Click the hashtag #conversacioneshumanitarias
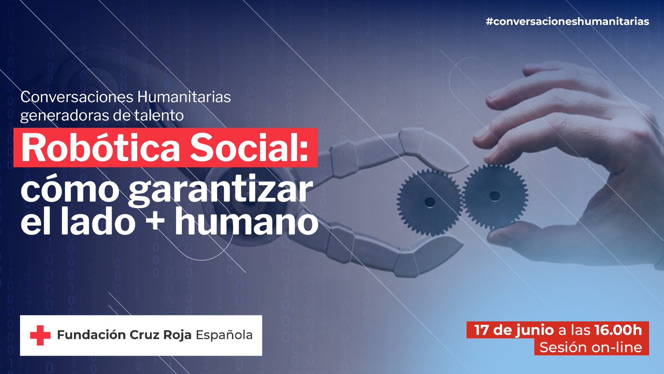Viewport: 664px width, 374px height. (567, 21)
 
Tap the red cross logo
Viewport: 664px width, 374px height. (40, 335)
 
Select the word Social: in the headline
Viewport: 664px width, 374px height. (249, 148)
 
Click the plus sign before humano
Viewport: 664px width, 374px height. (155, 221)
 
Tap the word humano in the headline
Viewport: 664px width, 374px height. (246, 222)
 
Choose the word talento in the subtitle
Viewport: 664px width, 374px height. (159, 115)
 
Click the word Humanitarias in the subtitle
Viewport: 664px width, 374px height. (184, 97)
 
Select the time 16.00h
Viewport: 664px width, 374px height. (618, 330)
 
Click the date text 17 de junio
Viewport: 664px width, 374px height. (514, 330)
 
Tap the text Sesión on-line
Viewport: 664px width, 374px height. (591, 347)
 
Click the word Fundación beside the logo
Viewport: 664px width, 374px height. (91, 335)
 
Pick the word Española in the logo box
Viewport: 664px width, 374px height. (224, 335)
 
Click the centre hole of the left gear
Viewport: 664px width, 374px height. (430, 202)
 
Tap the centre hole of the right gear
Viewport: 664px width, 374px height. (495, 196)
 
